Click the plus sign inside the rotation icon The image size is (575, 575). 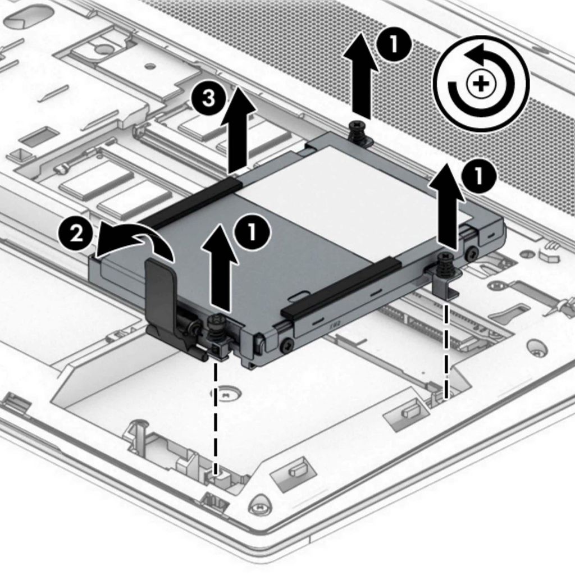click(x=481, y=85)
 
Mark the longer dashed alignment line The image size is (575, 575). click(x=216, y=416)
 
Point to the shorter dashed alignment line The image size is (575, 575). click(x=446, y=348)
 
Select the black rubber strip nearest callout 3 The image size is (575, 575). click(x=191, y=202)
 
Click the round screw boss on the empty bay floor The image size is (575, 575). click(x=229, y=393)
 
